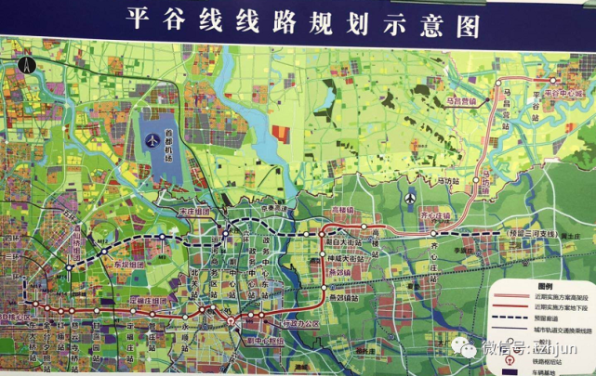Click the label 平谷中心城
pos(564,94)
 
